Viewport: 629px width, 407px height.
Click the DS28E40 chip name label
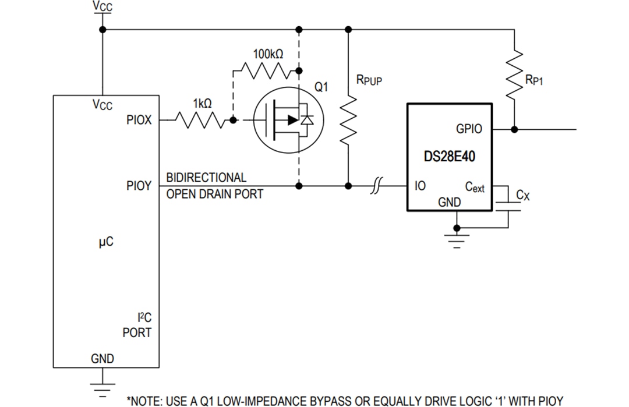click(x=449, y=157)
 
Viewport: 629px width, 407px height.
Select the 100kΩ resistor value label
click(x=268, y=54)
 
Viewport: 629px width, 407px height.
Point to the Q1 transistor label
click(x=321, y=87)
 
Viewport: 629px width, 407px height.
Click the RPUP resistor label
click(x=369, y=80)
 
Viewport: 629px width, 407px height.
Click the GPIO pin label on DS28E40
click(x=469, y=129)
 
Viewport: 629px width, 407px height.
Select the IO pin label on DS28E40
click(x=419, y=186)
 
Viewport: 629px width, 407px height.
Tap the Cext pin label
click(x=474, y=187)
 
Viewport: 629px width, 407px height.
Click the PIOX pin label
click(x=139, y=121)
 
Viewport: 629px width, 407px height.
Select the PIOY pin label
click(x=139, y=186)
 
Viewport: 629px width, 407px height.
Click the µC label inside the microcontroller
click(x=105, y=242)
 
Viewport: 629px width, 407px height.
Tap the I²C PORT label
click(x=137, y=325)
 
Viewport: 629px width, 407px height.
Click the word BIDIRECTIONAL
click(x=206, y=178)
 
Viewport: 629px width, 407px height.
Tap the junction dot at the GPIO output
click(x=514, y=129)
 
